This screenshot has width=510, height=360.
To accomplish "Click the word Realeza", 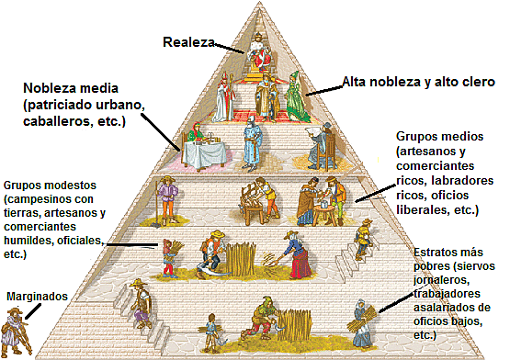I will click(189, 42).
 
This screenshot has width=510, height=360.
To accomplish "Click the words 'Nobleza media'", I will click(70, 89).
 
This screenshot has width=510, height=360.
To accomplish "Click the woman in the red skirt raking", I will click(300, 259).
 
